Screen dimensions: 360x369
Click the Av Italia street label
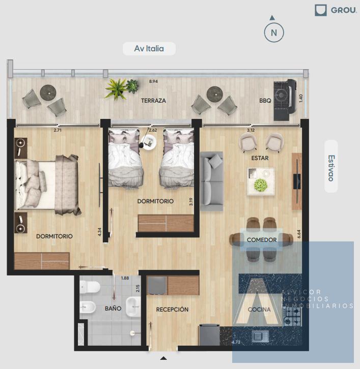(149, 48)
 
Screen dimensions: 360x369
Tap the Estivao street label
(331, 168)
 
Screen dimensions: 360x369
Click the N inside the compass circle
(274, 33)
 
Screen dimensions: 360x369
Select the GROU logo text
(344, 10)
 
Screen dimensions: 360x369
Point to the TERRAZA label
(153, 101)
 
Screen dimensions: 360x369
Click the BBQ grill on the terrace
(285, 100)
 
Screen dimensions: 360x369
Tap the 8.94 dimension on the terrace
(153, 81)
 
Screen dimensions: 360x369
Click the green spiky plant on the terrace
(116, 89)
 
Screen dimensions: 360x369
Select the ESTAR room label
(260, 158)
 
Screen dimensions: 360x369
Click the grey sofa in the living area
(211, 181)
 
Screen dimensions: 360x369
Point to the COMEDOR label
(262, 240)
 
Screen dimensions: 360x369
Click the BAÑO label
(113, 309)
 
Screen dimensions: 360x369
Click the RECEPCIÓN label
(172, 310)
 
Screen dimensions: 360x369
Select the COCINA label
(259, 310)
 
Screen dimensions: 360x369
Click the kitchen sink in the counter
(260, 336)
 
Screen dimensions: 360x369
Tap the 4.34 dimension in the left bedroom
(99, 232)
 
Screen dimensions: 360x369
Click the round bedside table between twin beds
(149, 142)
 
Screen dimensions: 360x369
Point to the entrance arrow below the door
(163, 358)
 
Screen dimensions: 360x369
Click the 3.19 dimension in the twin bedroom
(191, 202)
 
